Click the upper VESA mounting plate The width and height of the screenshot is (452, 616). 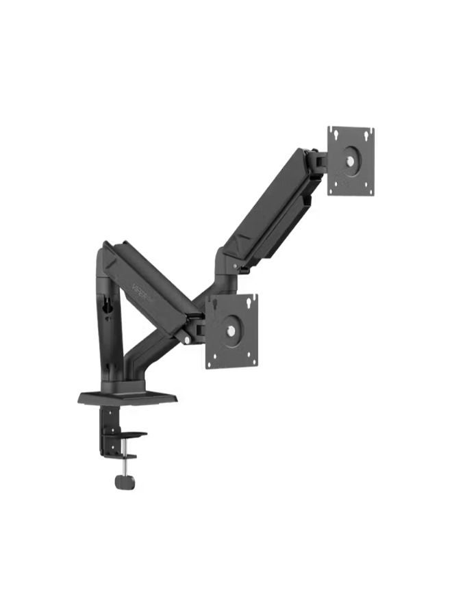(351, 161)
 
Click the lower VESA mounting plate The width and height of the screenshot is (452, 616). (231, 331)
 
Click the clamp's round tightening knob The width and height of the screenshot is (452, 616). (124, 482)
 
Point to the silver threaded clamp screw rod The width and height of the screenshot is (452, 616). (124, 465)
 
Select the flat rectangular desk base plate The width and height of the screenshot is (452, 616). (127, 397)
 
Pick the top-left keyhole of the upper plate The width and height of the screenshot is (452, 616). (333, 133)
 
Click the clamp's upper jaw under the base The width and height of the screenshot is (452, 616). (130, 435)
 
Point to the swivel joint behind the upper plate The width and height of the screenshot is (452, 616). (316, 162)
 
